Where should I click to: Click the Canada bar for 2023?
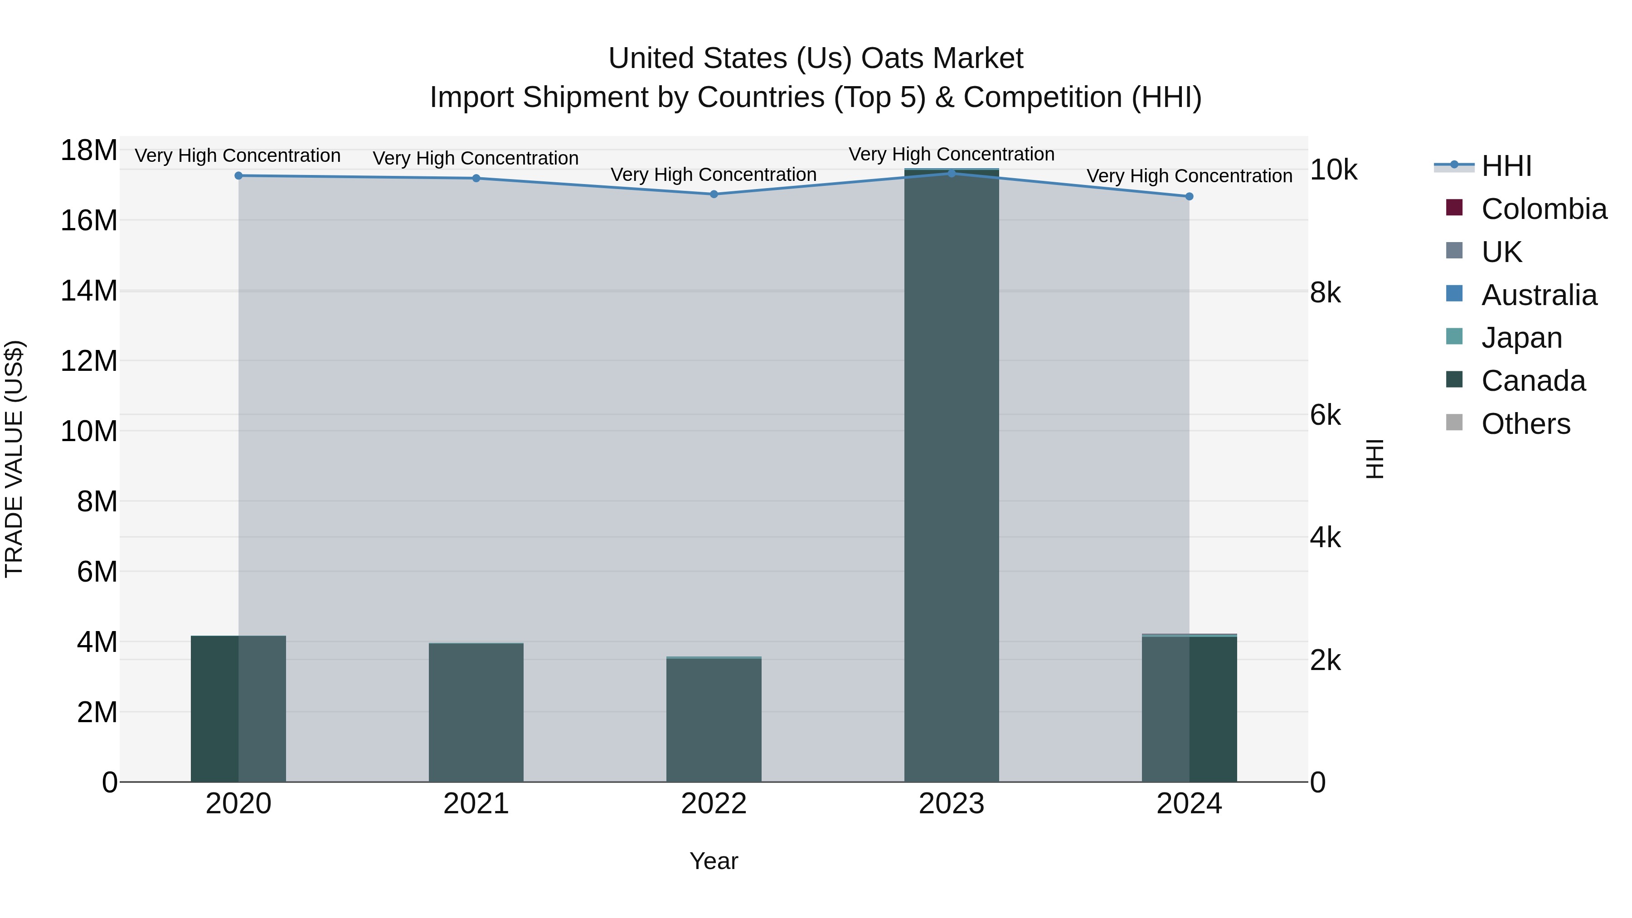point(951,475)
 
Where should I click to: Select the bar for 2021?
point(476,712)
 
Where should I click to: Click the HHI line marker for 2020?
point(238,175)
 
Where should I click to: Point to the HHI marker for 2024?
point(1189,196)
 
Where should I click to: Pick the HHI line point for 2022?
point(714,194)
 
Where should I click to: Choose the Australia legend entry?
point(1539,295)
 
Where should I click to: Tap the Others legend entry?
point(1525,424)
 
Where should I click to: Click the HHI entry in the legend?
point(1506,166)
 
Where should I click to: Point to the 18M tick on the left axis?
point(89,151)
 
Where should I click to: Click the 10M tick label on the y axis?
point(89,432)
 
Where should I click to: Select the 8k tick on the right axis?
point(1326,293)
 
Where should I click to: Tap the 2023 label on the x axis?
point(951,804)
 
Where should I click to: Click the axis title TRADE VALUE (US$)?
point(14,459)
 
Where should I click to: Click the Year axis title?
point(714,861)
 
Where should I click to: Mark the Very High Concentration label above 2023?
point(951,154)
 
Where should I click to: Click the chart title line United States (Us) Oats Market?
point(816,58)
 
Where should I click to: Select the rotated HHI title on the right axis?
point(1375,459)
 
